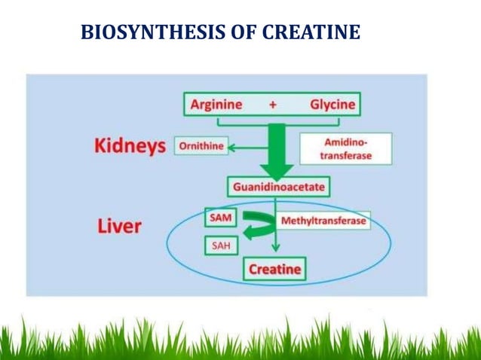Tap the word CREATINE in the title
(x=313, y=33)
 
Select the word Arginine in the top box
(x=217, y=105)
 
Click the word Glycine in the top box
(x=332, y=105)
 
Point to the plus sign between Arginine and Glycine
(x=273, y=105)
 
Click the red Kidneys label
(x=130, y=146)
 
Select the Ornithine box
(x=201, y=146)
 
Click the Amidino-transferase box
(x=345, y=148)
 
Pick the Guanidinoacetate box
(x=278, y=185)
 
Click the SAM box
(x=221, y=218)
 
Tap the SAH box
(x=220, y=246)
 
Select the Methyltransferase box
(x=323, y=221)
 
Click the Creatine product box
(x=274, y=269)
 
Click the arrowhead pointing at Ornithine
(x=233, y=148)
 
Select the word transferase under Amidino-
(x=345, y=154)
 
